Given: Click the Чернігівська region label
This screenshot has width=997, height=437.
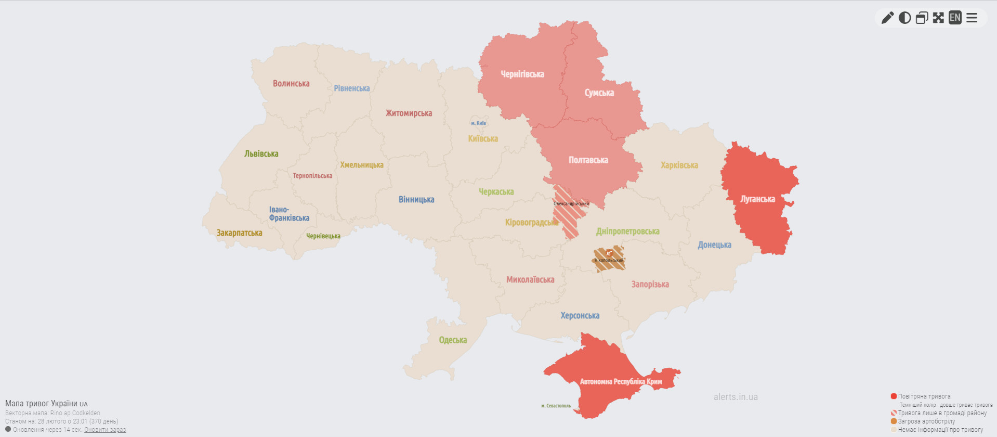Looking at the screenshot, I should pos(522,74).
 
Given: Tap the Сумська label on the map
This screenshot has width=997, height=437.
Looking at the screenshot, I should pos(599,93).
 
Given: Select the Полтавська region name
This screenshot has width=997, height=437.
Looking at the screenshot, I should pos(588,160).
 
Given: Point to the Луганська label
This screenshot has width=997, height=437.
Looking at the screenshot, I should pos(757,199).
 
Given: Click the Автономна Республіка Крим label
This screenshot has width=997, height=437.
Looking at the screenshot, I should pos(621,382).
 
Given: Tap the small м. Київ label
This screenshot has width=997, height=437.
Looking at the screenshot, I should pos(478,123).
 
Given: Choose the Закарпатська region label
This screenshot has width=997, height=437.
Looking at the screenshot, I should pos(239,233).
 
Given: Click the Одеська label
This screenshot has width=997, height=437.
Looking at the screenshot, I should pos(453,340).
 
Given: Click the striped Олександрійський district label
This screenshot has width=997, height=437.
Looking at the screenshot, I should pos(571,204).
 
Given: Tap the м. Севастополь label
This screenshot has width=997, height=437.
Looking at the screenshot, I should pos(556,406).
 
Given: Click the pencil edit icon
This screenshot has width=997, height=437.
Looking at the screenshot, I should pos(887,18).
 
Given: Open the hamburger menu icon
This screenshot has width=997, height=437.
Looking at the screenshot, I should pos(972,18).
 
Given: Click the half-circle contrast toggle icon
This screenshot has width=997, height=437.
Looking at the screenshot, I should pos(904,18).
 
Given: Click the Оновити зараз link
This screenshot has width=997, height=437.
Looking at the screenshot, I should pos(105,430).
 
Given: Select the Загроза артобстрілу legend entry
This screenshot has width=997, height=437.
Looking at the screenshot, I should pos(926,421).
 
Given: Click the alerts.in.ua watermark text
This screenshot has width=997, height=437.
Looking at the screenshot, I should pos(736,397).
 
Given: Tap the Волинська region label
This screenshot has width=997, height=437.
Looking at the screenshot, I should pos(291,84).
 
